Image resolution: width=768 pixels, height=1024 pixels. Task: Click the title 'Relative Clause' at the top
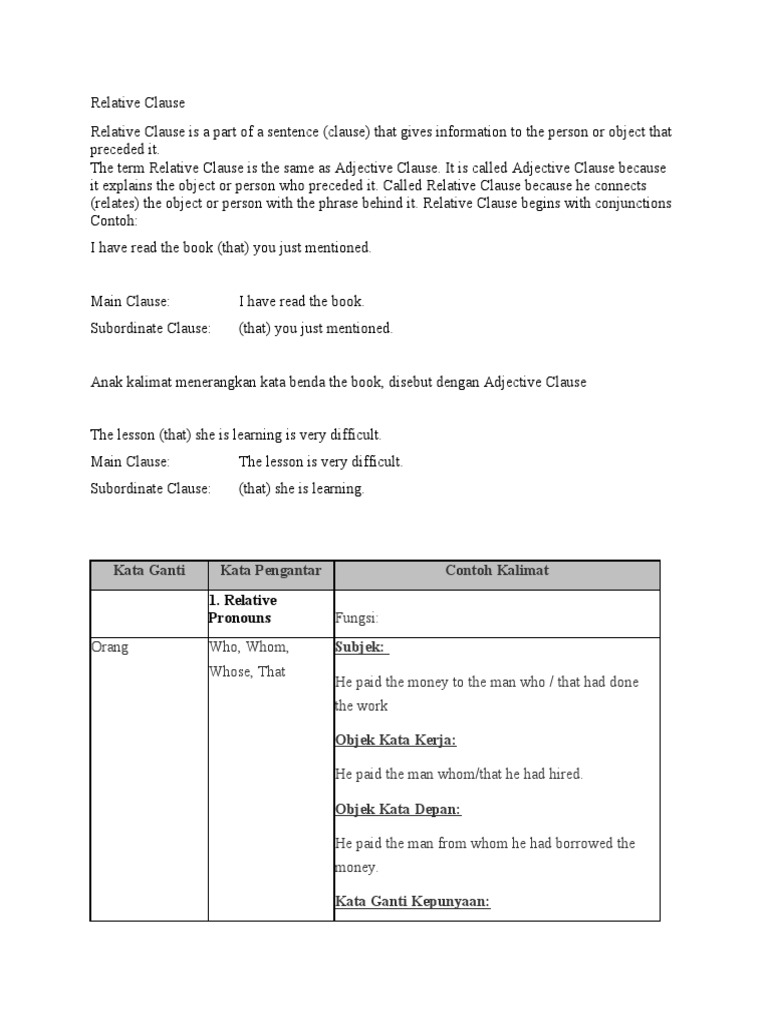(x=138, y=103)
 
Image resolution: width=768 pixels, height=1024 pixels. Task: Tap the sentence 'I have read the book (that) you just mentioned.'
(x=231, y=248)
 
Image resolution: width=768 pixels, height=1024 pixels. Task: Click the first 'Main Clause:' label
(x=130, y=301)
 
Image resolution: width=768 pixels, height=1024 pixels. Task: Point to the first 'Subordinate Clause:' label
(x=150, y=328)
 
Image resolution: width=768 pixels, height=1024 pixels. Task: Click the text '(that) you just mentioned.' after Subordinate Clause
(x=316, y=328)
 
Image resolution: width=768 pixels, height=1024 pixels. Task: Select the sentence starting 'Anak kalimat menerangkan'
(x=339, y=382)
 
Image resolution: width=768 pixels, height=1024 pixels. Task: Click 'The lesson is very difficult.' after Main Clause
(x=320, y=462)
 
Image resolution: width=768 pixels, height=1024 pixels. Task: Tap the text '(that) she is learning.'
(x=302, y=489)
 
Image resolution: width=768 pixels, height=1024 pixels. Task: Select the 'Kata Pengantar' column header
(x=271, y=571)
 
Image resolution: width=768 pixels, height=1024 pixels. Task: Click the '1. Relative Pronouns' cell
(x=244, y=609)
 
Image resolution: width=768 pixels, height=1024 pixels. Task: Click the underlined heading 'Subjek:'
(x=360, y=647)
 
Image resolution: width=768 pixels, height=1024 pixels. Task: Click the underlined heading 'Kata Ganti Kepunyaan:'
(x=412, y=902)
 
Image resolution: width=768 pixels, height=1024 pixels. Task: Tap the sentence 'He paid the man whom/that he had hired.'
(x=458, y=774)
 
